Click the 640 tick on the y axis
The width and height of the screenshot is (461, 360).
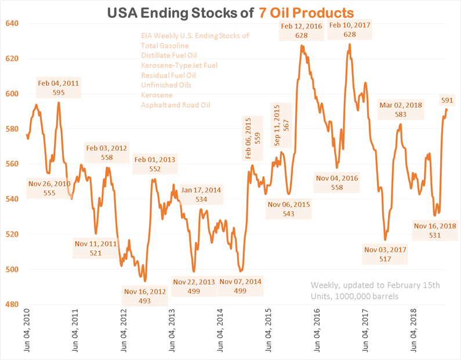[x=13, y=23]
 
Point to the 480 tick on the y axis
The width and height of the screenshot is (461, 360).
[x=13, y=304]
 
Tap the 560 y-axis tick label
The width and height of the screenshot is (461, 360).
[x=13, y=164]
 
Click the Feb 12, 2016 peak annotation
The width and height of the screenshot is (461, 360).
[x=301, y=31]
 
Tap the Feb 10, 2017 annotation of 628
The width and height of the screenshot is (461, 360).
[x=350, y=31]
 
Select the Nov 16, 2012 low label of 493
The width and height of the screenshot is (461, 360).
[x=145, y=296]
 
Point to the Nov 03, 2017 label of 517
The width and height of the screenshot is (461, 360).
[x=385, y=254]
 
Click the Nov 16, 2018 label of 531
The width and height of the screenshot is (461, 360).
[x=435, y=230]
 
